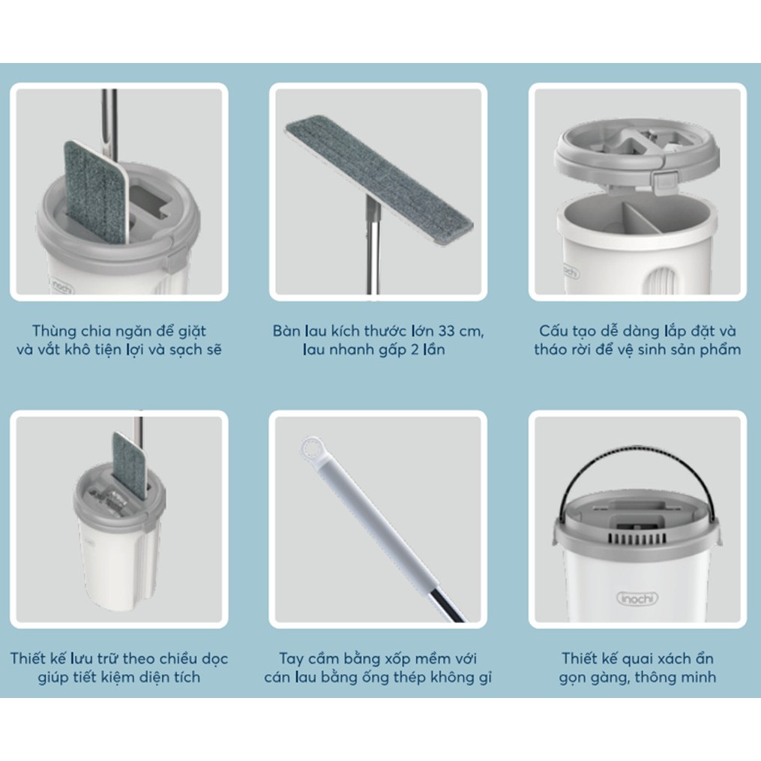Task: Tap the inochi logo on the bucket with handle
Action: pyautogui.click(x=637, y=598)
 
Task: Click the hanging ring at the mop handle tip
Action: pyautogui.click(x=311, y=447)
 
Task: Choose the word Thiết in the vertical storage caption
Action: pyautogui.click(x=28, y=658)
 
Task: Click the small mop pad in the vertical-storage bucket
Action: pyautogui.click(x=129, y=466)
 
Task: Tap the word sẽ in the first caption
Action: pyautogui.click(x=213, y=349)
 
